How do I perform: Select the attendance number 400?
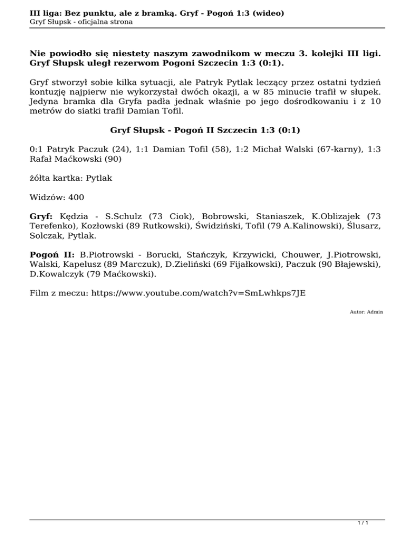[x=76, y=198]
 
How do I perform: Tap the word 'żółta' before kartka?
[x=42, y=177]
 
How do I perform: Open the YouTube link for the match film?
[x=198, y=293]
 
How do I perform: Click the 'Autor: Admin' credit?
[x=366, y=312]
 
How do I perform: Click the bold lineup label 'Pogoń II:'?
[x=53, y=254]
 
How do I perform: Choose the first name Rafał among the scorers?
[x=43, y=159]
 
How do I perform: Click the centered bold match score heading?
[x=205, y=130]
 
